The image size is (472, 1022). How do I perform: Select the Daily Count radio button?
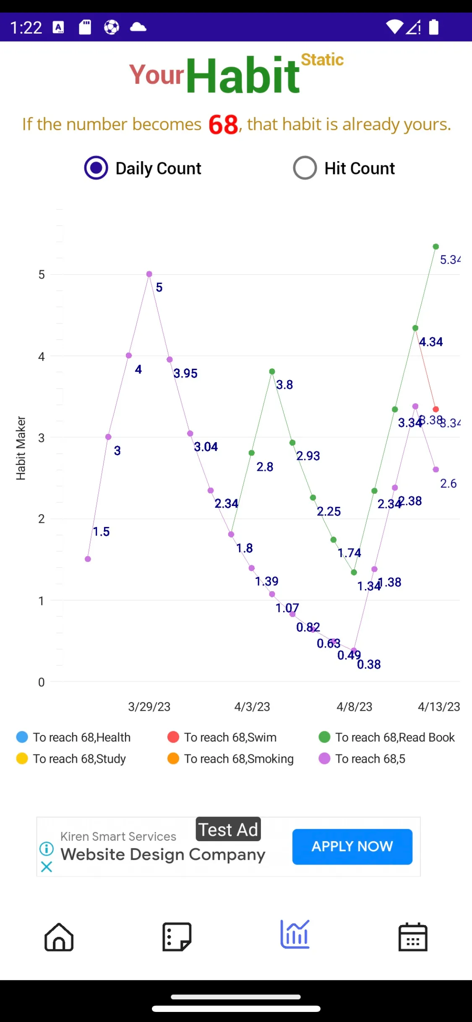pos(96,168)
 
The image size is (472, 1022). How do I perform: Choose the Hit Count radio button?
pos(305,168)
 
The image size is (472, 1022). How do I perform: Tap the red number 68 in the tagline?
pos(224,125)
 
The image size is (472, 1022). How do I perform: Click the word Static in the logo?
pos(322,60)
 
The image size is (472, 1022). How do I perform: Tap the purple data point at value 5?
pos(149,274)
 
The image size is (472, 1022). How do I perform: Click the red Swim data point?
pos(436,409)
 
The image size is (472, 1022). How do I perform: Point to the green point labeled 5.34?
pos(436,247)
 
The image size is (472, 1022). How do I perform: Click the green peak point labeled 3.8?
pos(272,371)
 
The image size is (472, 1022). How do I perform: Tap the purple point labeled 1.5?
pos(88,559)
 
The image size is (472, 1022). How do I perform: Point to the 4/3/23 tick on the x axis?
pos(252,707)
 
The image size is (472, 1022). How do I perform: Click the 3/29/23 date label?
pos(149,707)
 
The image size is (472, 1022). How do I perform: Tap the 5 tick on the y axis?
pos(42,275)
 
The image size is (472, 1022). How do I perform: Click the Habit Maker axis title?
pos(21,448)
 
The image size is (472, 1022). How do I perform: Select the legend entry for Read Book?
pos(386,737)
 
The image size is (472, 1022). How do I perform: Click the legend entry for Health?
pos(73,737)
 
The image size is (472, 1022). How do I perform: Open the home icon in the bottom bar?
pos(59,937)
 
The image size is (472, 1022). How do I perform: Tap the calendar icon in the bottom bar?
pos(413,937)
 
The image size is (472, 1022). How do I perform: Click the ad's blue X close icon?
pos(47,867)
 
